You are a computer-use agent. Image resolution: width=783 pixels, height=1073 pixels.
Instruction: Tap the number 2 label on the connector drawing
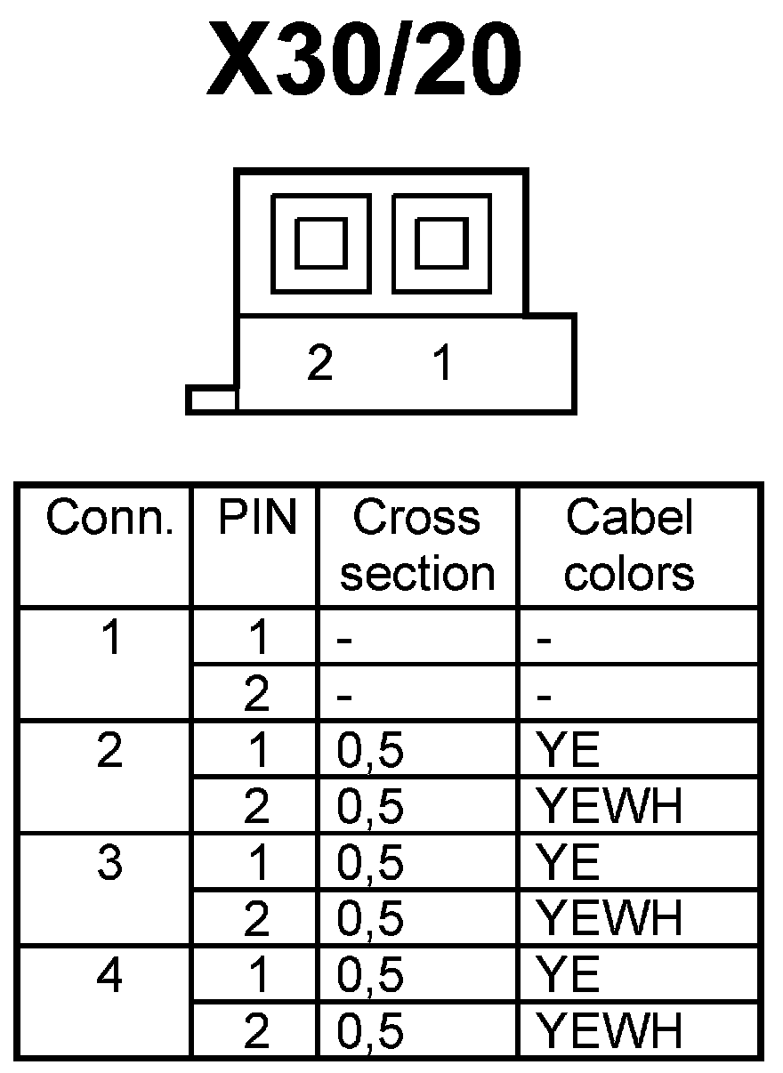coord(319,364)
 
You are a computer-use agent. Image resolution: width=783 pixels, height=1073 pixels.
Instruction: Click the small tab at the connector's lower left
coord(212,399)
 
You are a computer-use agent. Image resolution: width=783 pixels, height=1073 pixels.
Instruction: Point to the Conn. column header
coord(109,519)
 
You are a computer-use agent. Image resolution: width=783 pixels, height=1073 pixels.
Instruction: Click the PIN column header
coord(256,519)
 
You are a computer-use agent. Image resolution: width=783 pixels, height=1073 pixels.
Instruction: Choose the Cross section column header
coord(417,545)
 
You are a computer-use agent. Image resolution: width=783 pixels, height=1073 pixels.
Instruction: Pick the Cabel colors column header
coord(630,545)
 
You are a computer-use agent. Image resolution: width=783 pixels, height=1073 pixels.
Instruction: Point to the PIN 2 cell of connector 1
coord(256,695)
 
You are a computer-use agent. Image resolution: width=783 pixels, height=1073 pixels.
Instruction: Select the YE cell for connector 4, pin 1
coord(569,975)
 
